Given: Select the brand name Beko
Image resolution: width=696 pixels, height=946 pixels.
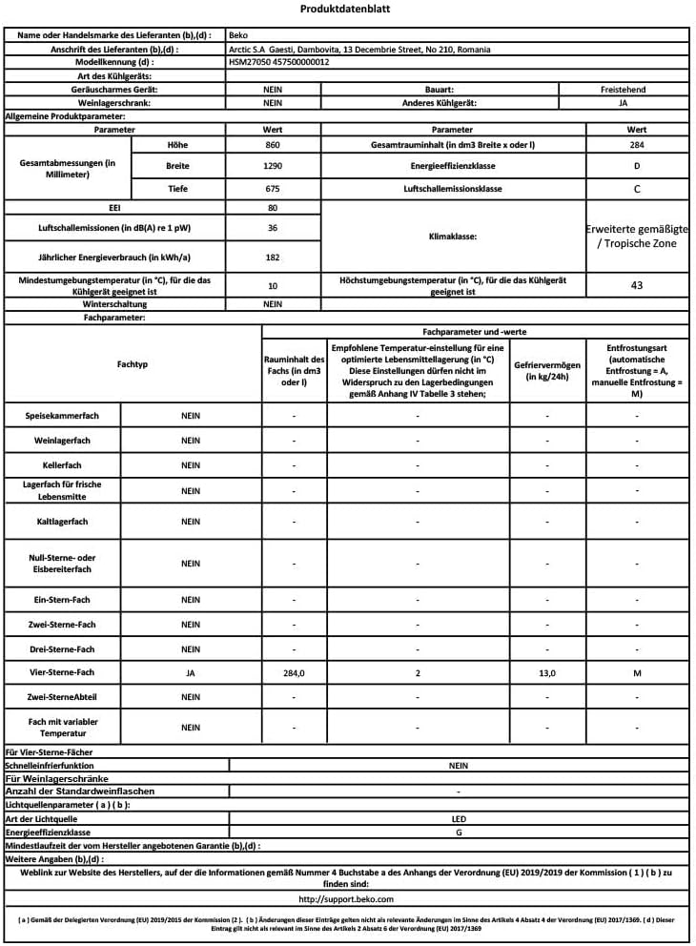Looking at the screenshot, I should tap(239, 34).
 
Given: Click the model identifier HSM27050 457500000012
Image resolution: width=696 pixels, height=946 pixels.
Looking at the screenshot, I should tap(279, 61).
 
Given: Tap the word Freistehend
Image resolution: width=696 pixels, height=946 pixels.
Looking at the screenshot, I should tap(623, 89).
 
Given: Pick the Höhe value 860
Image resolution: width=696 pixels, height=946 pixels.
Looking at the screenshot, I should tap(272, 144).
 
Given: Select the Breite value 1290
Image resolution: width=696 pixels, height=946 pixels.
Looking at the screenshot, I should tap(272, 166).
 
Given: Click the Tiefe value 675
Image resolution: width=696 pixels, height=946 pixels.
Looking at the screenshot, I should tap(272, 189).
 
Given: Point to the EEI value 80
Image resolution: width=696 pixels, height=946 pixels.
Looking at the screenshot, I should tap(272, 207).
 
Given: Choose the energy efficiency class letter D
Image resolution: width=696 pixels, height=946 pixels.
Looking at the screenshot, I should tap(637, 166).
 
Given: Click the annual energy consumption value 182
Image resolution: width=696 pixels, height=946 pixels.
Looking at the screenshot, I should tap(272, 257).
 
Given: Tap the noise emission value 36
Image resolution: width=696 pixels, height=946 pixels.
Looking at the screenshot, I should tap(272, 229).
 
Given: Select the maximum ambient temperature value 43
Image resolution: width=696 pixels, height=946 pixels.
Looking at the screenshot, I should tap(637, 284).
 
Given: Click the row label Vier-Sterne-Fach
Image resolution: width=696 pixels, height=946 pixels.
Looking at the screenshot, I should tap(63, 673).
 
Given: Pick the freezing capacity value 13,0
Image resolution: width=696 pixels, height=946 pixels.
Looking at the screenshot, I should tap(546, 673).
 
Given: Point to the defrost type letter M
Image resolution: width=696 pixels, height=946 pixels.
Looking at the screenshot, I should tap(637, 673).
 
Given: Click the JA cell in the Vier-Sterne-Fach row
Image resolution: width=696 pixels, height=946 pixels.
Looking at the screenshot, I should tap(191, 673).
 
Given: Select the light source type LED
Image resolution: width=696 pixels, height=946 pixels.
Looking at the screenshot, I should tap(459, 818).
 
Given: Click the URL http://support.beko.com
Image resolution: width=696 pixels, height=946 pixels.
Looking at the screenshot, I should tap(345, 898).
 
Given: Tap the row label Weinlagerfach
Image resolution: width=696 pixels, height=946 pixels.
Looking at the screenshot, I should tap(63, 441).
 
